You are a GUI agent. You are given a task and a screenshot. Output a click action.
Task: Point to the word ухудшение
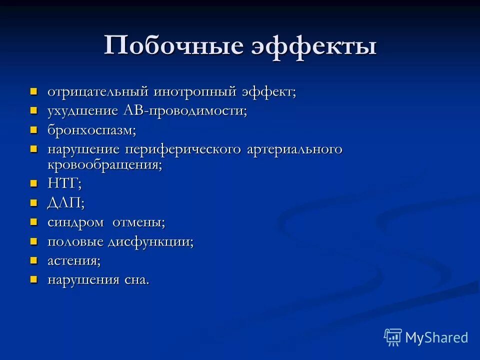[82, 111]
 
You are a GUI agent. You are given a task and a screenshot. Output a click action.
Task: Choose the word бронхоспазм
[91, 130]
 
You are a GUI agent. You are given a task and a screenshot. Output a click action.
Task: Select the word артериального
[294, 149]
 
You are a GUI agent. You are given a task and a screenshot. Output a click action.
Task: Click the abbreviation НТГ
[63, 183]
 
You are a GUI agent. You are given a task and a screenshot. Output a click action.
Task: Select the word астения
[73, 261]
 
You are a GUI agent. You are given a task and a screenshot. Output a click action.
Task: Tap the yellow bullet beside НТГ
[34, 183]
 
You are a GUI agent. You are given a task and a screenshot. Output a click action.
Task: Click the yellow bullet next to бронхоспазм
[34, 130]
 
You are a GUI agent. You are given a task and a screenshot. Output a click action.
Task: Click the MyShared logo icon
[393, 337]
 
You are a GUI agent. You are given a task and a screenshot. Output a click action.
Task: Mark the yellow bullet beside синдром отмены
[34, 222]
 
